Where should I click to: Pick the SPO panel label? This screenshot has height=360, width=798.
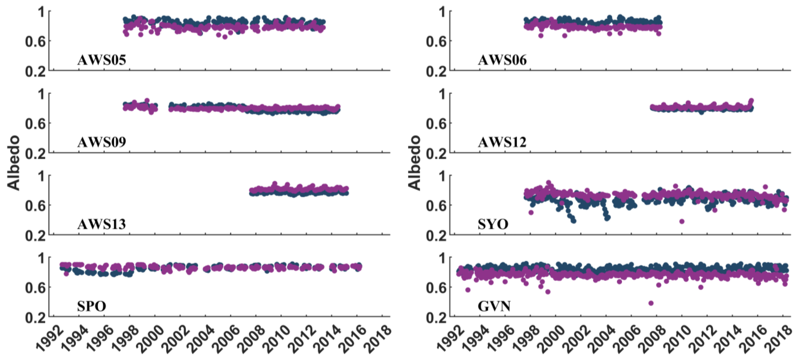(x=92, y=306)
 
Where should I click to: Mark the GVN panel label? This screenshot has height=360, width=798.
(x=494, y=306)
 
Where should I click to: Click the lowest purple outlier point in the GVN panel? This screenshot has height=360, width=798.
(x=651, y=303)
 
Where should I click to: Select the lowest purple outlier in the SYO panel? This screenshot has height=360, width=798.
(x=682, y=221)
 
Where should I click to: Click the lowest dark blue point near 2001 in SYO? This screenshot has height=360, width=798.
(x=573, y=221)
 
